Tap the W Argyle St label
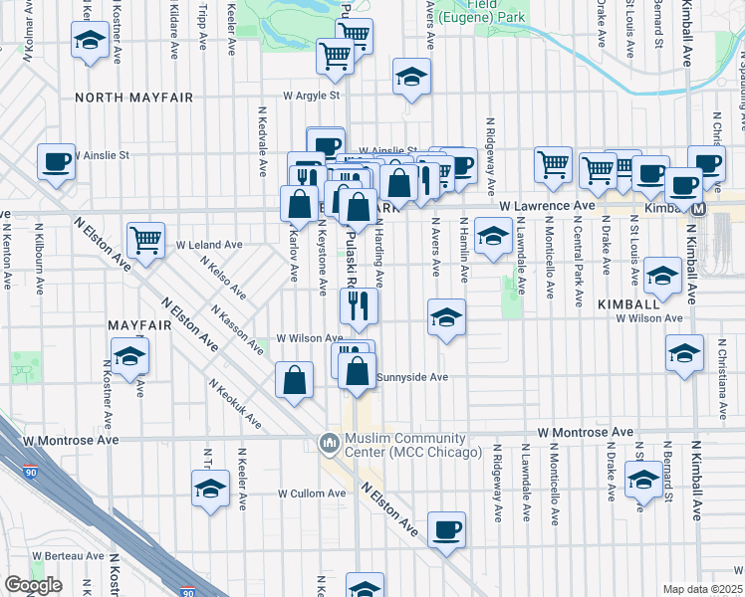(312, 97)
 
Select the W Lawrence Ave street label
(547, 206)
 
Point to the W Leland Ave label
(209, 244)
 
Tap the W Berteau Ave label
(68, 556)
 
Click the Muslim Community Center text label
(405, 445)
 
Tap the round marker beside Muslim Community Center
(329, 440)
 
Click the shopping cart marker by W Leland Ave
(145, 239)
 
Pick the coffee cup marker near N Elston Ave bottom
(446, 529)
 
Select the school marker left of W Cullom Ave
(210, 489)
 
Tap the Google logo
(33, 585)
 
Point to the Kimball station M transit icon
(699, 209)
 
